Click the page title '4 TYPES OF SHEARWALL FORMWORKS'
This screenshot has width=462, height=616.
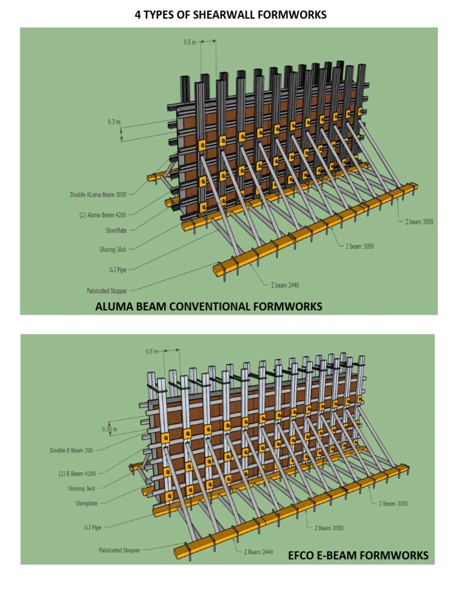231,14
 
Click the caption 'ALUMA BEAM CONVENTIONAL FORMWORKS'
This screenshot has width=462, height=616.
209,307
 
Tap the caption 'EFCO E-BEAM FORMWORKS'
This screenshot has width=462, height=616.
359,555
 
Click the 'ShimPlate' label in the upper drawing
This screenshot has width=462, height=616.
114,230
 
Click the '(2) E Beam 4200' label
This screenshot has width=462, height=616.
77,473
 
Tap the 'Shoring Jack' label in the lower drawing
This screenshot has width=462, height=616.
81,488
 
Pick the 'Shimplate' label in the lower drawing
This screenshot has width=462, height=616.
83,503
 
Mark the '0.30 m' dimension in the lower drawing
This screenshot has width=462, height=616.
108,429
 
